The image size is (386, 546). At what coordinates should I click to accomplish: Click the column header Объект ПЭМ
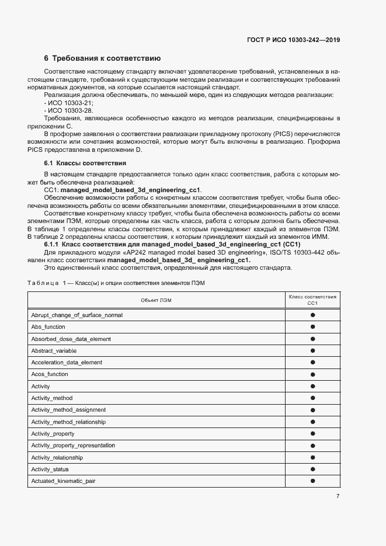click(x=157, y=300)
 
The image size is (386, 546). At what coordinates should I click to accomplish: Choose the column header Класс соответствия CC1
click(x=312, y=300)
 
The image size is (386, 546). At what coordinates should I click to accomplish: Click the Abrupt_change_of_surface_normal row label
click(x=76, y=315)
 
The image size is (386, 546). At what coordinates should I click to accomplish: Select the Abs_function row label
click(x=48, y=327)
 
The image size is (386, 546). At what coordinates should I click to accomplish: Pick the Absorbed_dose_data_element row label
click(x=71, y=339)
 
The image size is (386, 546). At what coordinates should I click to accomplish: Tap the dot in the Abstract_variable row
click(x=312, y=351)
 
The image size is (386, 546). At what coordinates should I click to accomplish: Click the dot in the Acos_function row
click(x=312, y=374)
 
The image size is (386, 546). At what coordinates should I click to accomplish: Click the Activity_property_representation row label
click(x=73, y=446)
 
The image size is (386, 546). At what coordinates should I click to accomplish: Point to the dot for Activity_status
click(x=312, y=470)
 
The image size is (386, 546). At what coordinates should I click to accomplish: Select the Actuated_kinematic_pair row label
click(x=63, y=481)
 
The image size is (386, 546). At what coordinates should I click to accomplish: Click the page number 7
click(x=338, y=497)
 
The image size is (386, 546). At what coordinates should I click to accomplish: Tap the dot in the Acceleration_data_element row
click(x=312, y=363)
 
